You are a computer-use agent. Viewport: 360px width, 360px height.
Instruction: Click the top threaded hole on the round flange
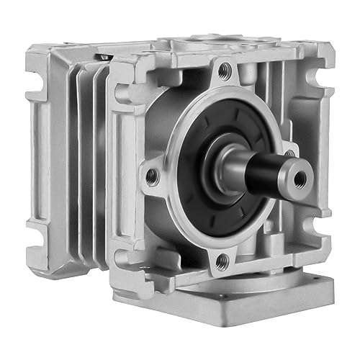pos(228,71)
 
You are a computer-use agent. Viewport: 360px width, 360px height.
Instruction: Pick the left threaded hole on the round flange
pos(153,173)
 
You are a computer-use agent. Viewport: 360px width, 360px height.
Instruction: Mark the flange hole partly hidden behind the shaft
pos(288,153)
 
